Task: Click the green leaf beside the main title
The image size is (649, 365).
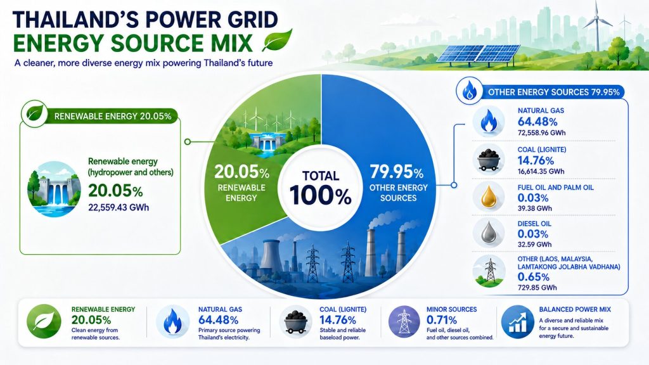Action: pos(277,40)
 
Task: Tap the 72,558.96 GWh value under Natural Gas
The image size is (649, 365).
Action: pos(541,133)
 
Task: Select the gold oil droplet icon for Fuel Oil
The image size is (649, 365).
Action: pos(489,197)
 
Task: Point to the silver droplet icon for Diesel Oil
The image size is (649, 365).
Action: pos(489,233)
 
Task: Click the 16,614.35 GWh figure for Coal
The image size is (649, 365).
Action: pos(541,171)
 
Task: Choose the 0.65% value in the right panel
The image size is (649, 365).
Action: pos(534,277)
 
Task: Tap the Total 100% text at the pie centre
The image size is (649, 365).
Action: pos(320,188)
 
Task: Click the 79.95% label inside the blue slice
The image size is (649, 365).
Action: pos(397,171)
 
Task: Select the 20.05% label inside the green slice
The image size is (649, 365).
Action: pos(241,172)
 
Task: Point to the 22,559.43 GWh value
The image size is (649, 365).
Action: pos(119,207)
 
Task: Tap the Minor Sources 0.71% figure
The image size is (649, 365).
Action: pos(442,320)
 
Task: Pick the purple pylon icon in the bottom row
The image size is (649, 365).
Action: pos(404,321)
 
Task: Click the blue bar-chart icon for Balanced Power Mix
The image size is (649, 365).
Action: pos(517,321)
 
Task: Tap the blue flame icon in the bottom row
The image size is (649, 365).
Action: pos(172,321)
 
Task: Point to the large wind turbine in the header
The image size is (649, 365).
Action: pos(597,25)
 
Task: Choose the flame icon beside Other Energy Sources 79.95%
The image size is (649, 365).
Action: pos(469,91)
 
